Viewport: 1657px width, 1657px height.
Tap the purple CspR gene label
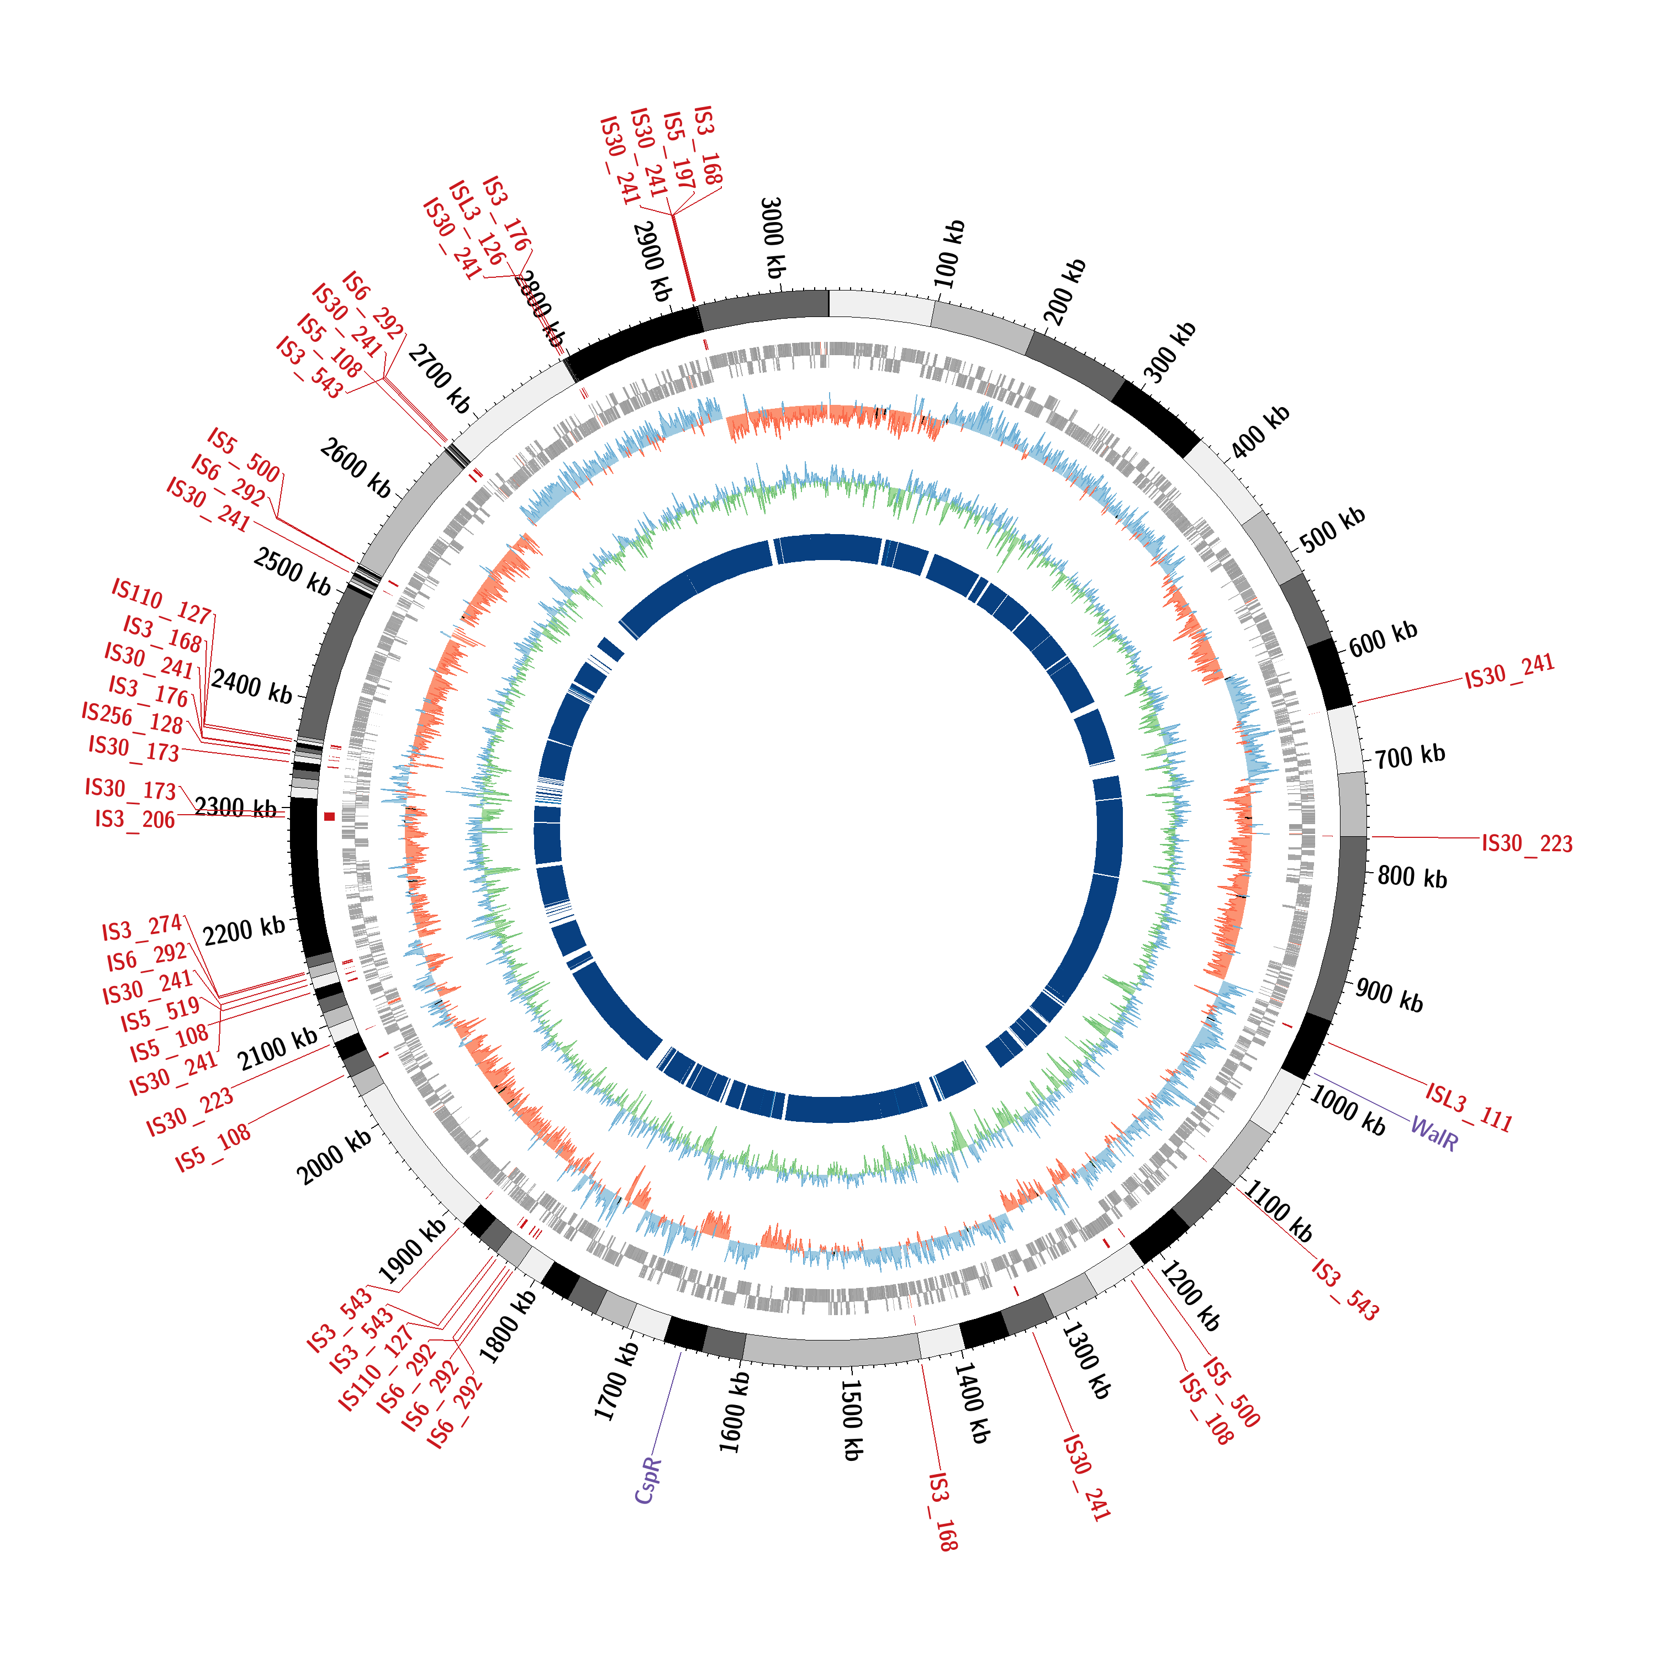(648, 1480)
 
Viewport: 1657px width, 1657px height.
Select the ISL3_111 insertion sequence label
(1469, 1107)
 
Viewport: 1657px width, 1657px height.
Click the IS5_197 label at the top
(678, 150)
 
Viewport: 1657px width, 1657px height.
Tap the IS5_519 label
(160, 1015)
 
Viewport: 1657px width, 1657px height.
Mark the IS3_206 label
(135, 820)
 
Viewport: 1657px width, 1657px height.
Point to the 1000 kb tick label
(1347, 1110)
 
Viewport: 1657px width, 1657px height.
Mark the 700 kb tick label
(1410, 756)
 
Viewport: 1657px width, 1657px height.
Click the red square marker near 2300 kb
(329, 816)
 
